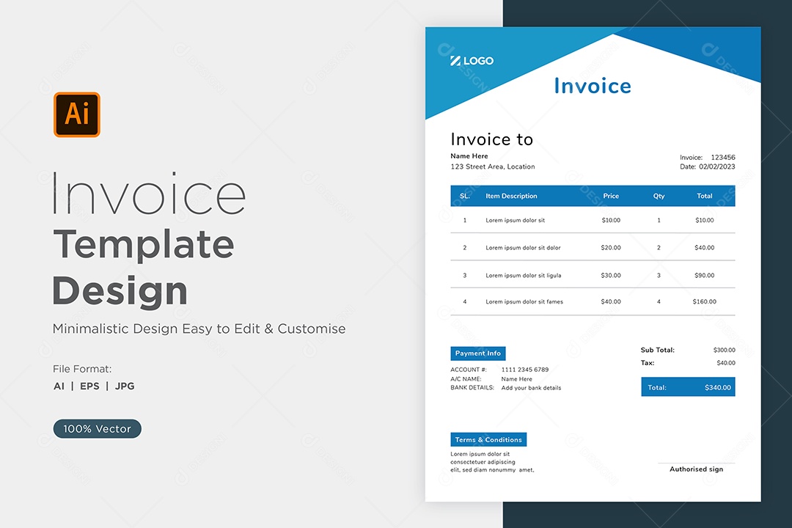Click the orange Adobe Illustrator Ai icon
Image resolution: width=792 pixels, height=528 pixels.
pyautogui.click(x=77, y=114)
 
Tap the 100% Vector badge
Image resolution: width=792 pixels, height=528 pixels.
pyautogui.click(x=98, y=428)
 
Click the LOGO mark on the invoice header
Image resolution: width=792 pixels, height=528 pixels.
pyautogui.click(x=472, y=61)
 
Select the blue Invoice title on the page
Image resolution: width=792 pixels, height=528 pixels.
pyautogui.click(x=593, y=86)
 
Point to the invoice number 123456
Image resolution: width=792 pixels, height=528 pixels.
pyautogui.click(x=723, y=157)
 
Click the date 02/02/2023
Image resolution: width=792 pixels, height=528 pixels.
pyautogui.click(x=717, y=166)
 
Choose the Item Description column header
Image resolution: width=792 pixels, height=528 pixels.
pyautogui.click(x=511, y=196)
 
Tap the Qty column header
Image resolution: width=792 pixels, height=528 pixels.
pyautogui.click(x=659, y=196)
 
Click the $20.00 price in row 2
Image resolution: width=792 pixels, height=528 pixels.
pyautogui.click(x=611, y=248)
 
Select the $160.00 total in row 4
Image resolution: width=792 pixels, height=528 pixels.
pyautogui.click(x=704, y=301)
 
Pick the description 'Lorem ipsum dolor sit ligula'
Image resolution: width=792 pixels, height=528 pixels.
pyautogui.click(x=524, y=276)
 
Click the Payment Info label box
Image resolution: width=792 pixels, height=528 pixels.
pyautogui.click(x=478, y=353)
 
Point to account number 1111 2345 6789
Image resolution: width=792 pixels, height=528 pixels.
pyautogui.click(x=525, y=370)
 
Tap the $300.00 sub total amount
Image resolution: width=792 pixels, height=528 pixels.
pyautogui.click(x=725, y=350)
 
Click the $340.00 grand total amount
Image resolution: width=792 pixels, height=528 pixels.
pyautogui.click(x=718, y=387)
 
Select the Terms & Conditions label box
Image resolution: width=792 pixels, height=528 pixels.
pyautogui.click(x=488, y=439)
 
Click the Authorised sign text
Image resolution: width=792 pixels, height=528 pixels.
pyautogui.click(x=696, y=469)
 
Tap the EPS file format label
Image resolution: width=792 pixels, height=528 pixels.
pyautogui.click(x=90, y=386)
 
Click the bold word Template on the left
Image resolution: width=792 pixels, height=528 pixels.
pyautogui.click(x=144, y=244)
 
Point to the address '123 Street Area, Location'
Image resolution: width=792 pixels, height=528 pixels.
pyautogui.click(x=493, y=166)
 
